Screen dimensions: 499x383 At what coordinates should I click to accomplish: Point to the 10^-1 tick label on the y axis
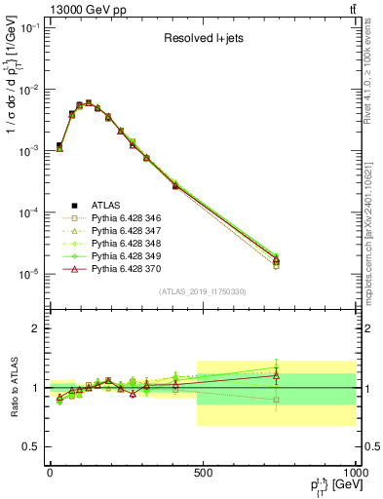[x=29, y=28]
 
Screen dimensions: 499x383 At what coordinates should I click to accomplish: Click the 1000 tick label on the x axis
[x=351, y=473]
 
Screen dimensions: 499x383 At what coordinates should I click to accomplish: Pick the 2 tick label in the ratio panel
[x=36, y=328]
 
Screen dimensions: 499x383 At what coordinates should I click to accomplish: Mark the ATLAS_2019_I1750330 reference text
[x=202, y=291]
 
